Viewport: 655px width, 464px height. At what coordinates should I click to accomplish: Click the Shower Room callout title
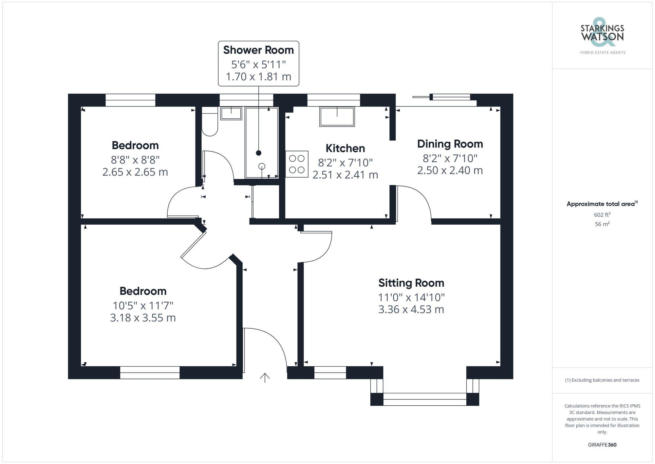258,50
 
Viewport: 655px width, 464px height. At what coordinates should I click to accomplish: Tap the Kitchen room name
345,148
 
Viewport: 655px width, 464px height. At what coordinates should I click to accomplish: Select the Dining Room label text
450,144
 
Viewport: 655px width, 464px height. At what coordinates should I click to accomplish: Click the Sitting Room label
411,283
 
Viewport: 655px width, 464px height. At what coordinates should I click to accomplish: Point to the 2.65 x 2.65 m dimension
135,172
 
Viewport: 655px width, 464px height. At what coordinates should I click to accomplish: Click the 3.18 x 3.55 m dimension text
143,318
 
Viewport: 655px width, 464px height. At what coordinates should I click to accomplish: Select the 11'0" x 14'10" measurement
411,297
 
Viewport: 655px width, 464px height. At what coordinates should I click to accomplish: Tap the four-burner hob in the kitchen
297,164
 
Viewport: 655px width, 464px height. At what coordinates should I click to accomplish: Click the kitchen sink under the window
337,117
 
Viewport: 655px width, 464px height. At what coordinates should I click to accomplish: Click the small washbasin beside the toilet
231,113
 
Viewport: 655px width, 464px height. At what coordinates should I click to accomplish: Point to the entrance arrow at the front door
265,378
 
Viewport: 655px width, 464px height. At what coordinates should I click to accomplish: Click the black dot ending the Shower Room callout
259,153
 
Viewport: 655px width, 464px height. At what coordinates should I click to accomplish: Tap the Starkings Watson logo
602,36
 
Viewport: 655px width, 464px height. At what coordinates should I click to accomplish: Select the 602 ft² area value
602,215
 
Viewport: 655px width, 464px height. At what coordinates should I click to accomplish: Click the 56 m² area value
602,224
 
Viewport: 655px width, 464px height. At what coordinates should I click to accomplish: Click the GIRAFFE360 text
602,445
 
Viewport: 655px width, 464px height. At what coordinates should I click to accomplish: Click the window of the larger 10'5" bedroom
150,373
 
